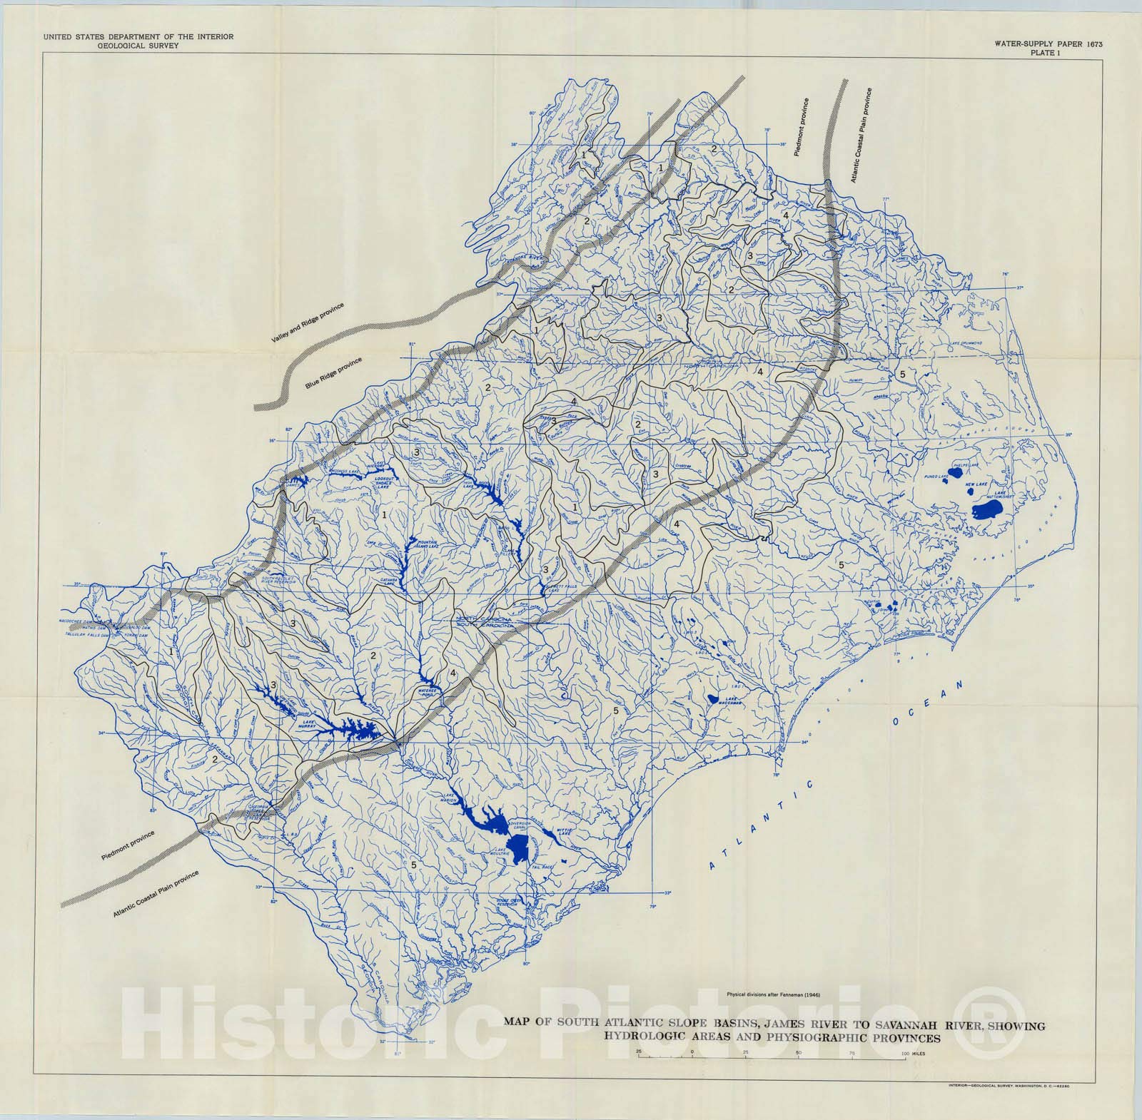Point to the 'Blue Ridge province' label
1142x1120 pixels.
(x=333, y=373)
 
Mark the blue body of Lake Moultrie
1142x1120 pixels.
(x=520, y=846)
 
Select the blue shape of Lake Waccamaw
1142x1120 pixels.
(x=713, y=700)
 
